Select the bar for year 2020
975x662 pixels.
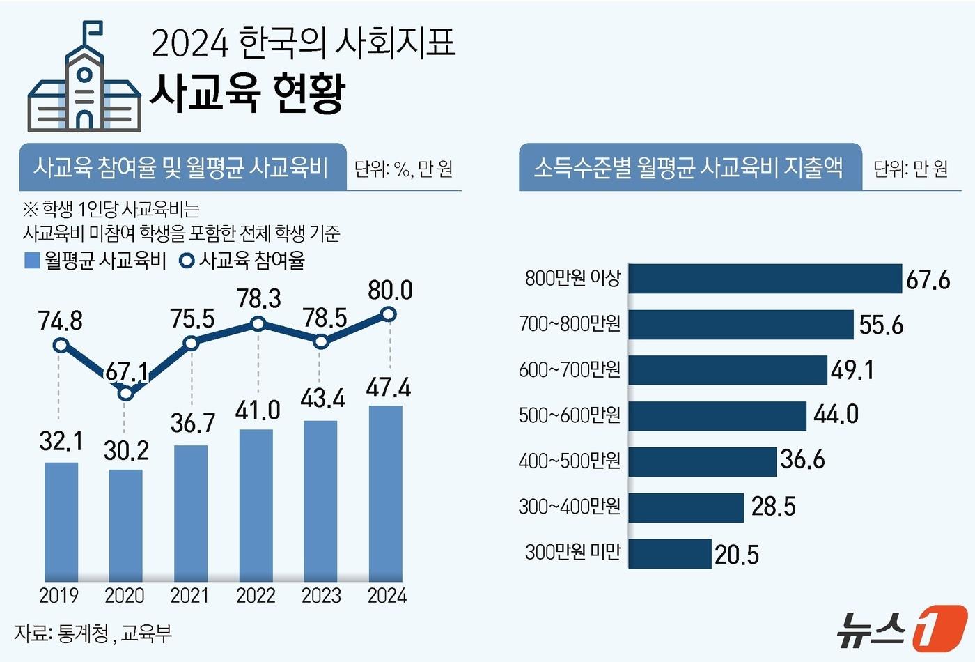pos(125,525)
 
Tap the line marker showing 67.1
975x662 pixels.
pos(125,394)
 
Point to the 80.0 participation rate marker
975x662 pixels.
pos(389,314)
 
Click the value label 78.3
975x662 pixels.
pos(258,299)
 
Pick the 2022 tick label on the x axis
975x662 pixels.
pos(256,596)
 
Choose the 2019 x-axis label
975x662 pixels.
pos(59,596)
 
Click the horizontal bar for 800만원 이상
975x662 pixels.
pos(765,279)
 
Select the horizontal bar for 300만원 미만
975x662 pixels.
pos(670,553)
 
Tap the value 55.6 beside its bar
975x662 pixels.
pos(881,325)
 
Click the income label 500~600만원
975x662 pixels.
pos(569,415)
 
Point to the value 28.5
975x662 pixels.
pos(773,507)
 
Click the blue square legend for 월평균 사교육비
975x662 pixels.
pos(32,261)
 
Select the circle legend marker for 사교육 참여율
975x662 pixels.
pos(187,261)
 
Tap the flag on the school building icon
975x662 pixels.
pos(92,30)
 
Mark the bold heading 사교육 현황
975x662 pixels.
pos(247,93)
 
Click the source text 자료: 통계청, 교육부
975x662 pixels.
pos(93,633)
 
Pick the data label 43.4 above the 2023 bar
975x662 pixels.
pos(323,399)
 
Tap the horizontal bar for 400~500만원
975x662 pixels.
pos(702,461)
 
